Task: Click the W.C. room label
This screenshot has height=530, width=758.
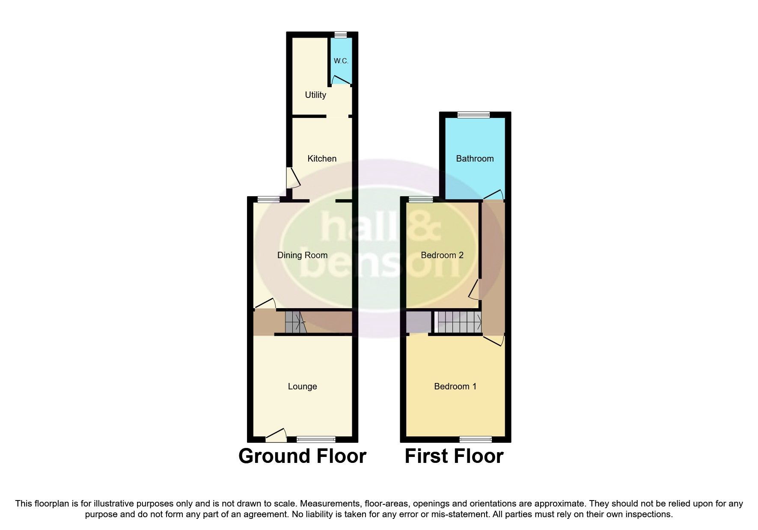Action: click(x=341, y=61)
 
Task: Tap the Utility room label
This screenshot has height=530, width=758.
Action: click(x=315, y=95)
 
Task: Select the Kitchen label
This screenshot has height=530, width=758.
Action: click(x=322, y=159)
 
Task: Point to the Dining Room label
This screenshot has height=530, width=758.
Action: click(x=302, y=255)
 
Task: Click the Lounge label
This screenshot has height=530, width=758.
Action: click(x=302, y=386)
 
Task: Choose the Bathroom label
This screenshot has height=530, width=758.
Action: click(x=475, y=159)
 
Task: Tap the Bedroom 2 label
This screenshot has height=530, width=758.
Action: click(x=442, y=255)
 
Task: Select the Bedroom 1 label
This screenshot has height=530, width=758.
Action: click(x=455, y=386)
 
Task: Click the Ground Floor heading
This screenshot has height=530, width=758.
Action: click(x=302, y=456)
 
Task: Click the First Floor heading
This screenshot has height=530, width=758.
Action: click(x=454, y=456)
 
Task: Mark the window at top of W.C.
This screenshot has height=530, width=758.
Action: click(x=341, y=35)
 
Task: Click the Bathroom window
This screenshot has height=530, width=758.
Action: click(x=473, y=115)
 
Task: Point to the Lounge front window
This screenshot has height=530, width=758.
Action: click(x=316, y=439)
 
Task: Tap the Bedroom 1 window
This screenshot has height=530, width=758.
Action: click(x=476, y=439)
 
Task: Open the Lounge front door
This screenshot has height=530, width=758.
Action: click(x=276, y=435)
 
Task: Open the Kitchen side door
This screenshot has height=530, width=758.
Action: click(x=293, y=177)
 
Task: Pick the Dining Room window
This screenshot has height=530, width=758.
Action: click(x=268, y=199)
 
